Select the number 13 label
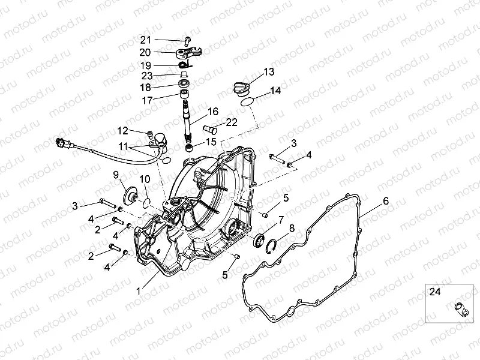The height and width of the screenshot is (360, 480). click(x=268, y=72)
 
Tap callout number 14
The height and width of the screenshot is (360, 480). click(x=275, y=91)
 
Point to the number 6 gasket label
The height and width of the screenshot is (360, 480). click(x=386, y=201)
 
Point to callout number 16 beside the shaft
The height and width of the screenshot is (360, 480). click(x=213, y=112)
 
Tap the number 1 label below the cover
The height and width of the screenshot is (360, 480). click(x=139, y=290)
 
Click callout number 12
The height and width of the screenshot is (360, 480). click(x=122, y=130)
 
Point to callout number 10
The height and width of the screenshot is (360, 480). click(x=145, y=179)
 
